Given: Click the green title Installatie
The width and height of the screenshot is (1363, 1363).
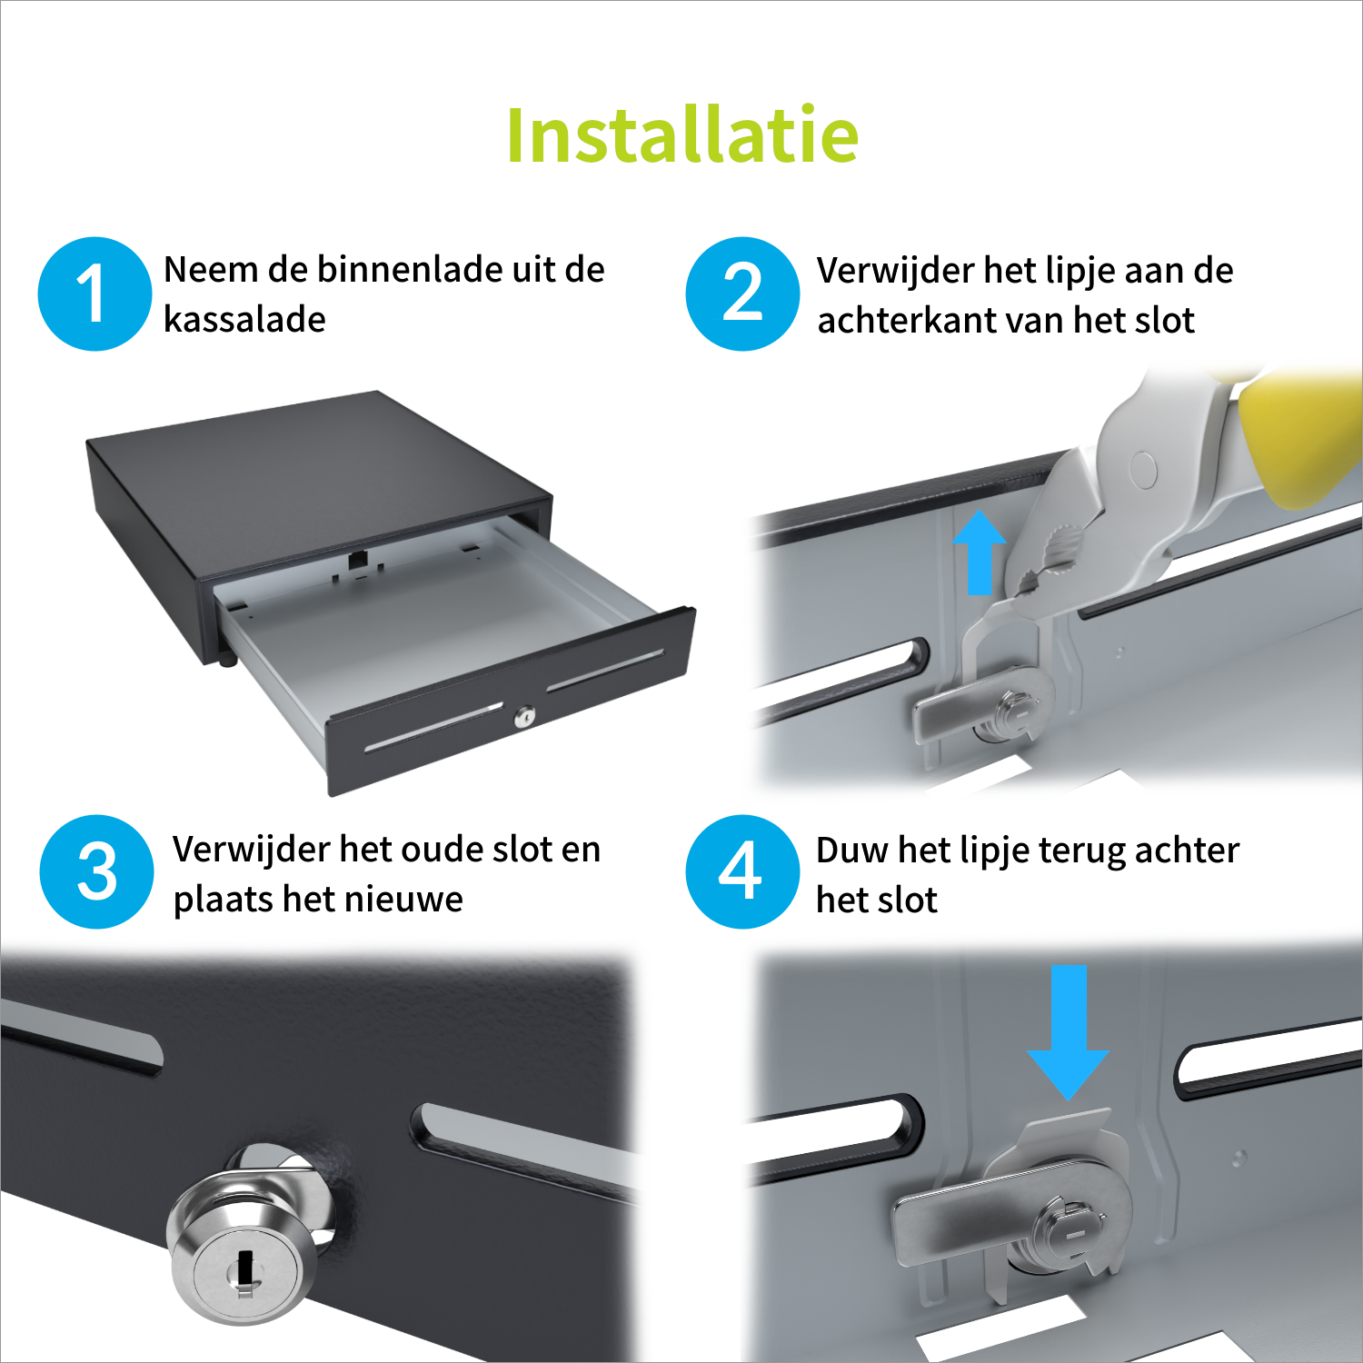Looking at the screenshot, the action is (x=682, y=135).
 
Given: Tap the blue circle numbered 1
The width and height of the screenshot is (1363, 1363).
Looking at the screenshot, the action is (x=95, y=293).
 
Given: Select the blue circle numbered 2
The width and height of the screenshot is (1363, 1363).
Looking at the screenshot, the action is (x=742, y=293).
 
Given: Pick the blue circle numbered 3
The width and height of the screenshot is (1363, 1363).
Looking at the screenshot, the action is (x=96, y=871).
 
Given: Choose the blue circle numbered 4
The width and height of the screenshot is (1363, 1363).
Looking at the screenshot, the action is (x=742, y=871).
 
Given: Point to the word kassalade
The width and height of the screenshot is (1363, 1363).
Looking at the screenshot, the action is (x=244, y=319).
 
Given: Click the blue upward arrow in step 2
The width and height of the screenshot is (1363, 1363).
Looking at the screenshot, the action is (x=980, y=552).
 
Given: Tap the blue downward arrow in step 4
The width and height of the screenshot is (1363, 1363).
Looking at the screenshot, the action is (x=1068, y=1032).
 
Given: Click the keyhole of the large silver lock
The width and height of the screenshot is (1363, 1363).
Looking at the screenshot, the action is (x=244, y=1268).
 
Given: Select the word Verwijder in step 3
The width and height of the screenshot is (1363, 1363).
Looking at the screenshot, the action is (x=252, y=851).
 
